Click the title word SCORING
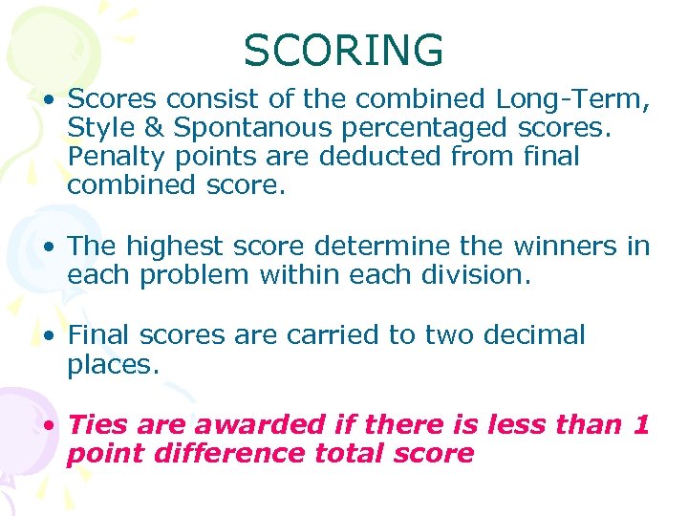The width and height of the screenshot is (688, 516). click(x=343, y=51)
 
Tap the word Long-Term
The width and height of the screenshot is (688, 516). click(x=570, y=99)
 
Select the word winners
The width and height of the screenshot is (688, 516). click(x=566, y=247)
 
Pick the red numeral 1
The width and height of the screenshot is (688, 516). click(x=641, y=424)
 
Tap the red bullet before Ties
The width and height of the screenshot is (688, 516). click(x=49, y=425)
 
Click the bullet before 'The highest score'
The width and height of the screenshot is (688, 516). click(x=49, y=247)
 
